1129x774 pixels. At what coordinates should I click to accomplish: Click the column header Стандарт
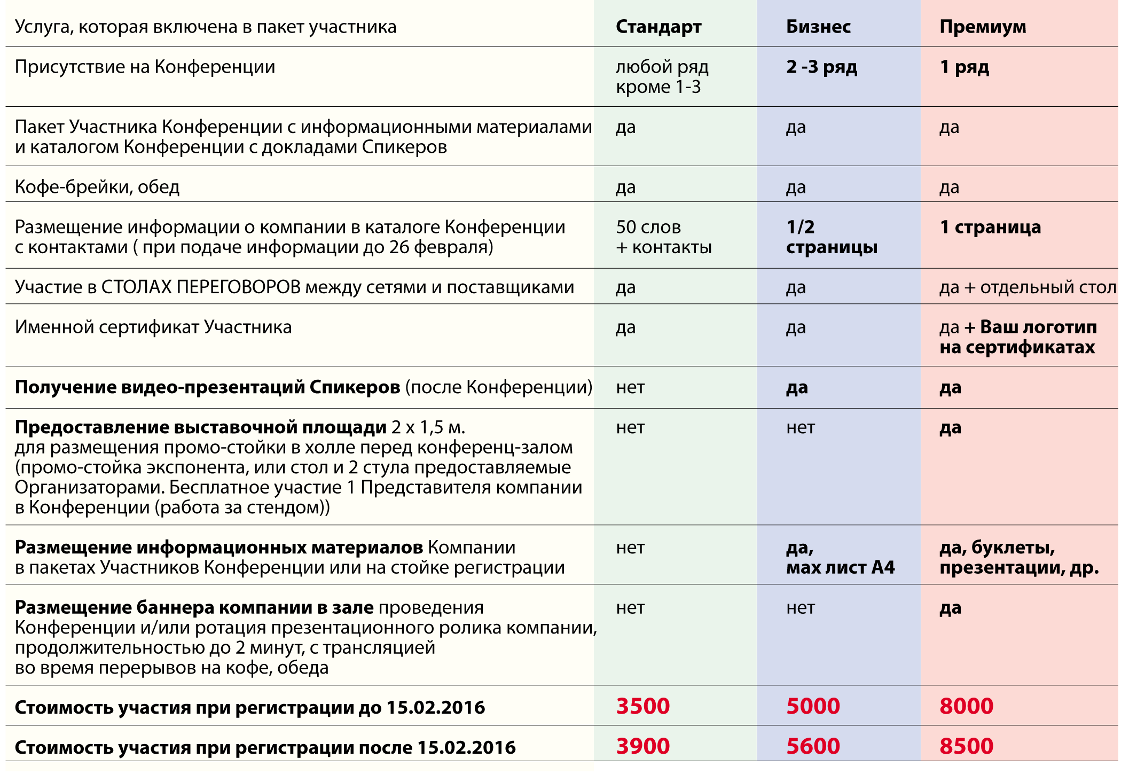658,27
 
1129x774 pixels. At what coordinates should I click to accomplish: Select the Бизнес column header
818,27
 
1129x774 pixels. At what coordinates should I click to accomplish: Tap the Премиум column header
983,27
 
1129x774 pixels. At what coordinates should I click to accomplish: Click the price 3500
643,706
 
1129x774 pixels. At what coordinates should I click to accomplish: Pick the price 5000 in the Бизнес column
813,706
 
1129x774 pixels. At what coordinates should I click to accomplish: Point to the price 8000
966,706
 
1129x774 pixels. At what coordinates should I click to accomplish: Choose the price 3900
643,746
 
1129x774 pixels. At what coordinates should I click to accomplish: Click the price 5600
813,746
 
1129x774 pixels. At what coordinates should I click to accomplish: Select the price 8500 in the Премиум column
966,746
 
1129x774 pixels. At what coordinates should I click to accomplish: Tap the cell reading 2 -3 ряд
821,67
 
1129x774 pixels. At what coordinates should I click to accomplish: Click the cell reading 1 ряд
964,67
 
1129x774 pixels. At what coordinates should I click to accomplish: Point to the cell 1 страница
990,227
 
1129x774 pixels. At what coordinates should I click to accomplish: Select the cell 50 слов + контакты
663,237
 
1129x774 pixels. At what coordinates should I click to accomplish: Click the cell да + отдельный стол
1028,287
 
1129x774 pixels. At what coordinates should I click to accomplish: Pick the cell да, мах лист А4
840,557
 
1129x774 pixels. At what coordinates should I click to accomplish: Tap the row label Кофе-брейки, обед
97,187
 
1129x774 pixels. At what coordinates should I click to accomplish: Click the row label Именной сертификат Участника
153,327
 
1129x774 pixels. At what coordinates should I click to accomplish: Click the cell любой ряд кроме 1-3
662,77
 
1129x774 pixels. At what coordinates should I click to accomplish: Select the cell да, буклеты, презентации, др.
1018,557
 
